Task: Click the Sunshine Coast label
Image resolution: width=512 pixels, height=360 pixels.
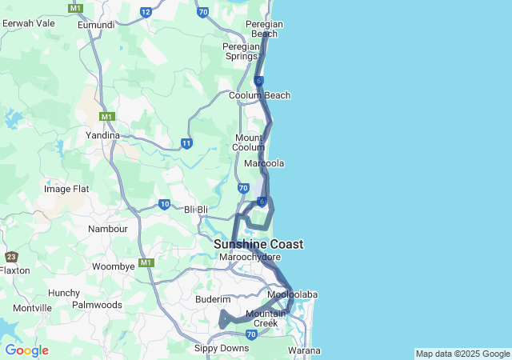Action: click(x=258, y=244)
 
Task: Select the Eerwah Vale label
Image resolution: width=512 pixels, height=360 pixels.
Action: click(x=29, y=23)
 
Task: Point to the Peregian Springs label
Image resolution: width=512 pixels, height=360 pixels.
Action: click(x=240, y=51)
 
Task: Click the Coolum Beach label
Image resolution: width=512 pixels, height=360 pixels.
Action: click(x=259, y=95)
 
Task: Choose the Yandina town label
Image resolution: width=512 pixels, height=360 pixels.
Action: click(x=103, y=135)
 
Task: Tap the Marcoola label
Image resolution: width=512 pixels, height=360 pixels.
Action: click(x=264, y=163)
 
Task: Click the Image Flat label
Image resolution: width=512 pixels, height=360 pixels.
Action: click(x=66, y=189)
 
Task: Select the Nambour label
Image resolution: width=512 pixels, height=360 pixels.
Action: click(x=108, y=229)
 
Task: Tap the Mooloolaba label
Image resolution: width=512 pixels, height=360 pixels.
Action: click(x=292, y=294)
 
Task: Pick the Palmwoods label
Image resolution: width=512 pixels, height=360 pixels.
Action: click(x=97, y=305)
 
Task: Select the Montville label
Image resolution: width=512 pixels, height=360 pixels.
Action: click(x=33, y=308)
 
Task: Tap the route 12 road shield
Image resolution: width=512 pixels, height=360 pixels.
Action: click(x=146, y=12)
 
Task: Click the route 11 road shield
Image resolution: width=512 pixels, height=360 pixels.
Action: click(x=186, y=143)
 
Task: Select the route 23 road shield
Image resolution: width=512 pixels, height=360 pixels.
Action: click(x=11, y=257)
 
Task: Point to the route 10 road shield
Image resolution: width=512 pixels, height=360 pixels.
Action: click(x=164, y=204)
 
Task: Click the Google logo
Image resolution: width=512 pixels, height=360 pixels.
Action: click(x=26, y=350)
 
